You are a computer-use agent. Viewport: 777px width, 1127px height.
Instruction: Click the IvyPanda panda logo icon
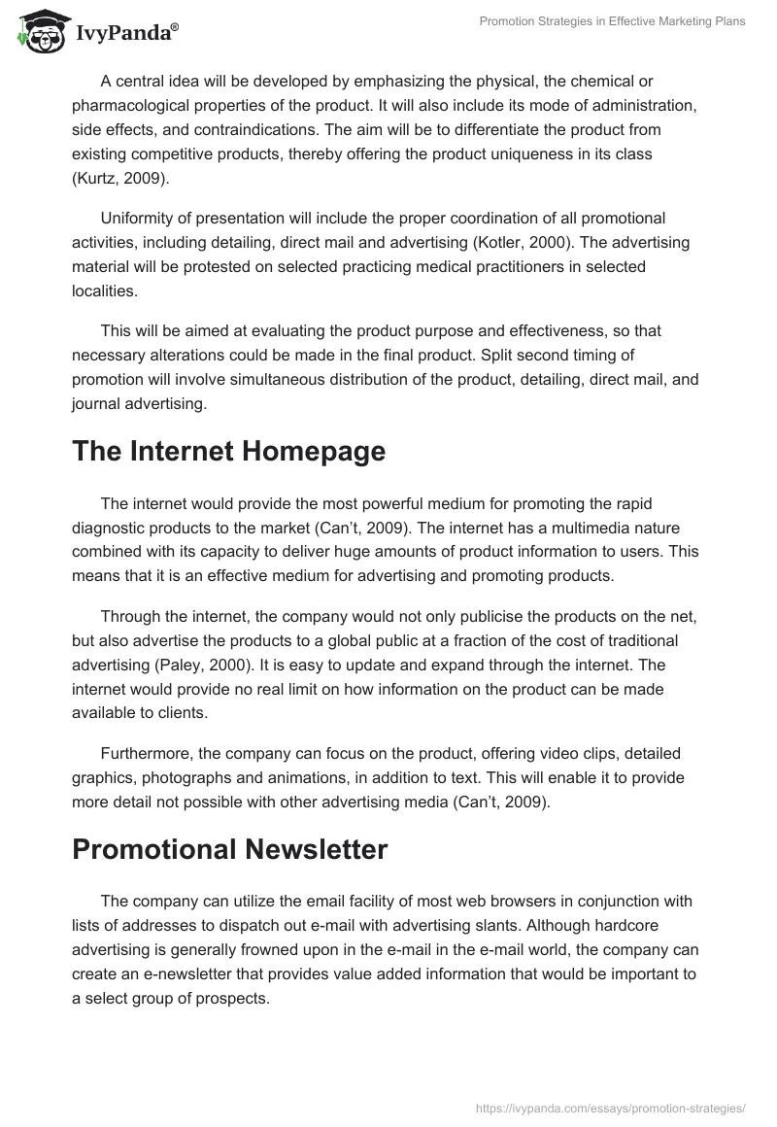(x=40, y=32)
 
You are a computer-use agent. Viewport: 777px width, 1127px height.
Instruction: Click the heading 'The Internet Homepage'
(x=229, y=451)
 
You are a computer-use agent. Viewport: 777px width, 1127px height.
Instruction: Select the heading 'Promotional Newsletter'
(x=230, y=848)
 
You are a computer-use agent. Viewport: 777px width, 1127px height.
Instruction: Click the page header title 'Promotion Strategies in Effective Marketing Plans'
(x=613, y=21)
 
